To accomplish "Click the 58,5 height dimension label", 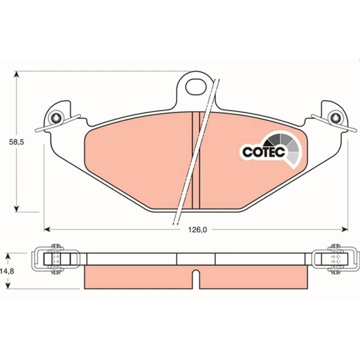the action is tap(17, 142).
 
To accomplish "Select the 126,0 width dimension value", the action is tap(198, 229).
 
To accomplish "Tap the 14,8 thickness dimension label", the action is tap(7, 271).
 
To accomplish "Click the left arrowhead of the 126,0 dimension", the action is tap(47, 229).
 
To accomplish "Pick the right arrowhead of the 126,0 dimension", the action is tap(345, 229).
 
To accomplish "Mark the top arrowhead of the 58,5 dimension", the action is tap(16, 74).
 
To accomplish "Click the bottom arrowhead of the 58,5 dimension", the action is tap(16, 208).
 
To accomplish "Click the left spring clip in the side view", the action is tap(56, 260).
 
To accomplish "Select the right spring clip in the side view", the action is tap(336, 260).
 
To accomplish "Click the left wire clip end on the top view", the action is tap(36, 131).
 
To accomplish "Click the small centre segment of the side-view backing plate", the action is tap(196, 259).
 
